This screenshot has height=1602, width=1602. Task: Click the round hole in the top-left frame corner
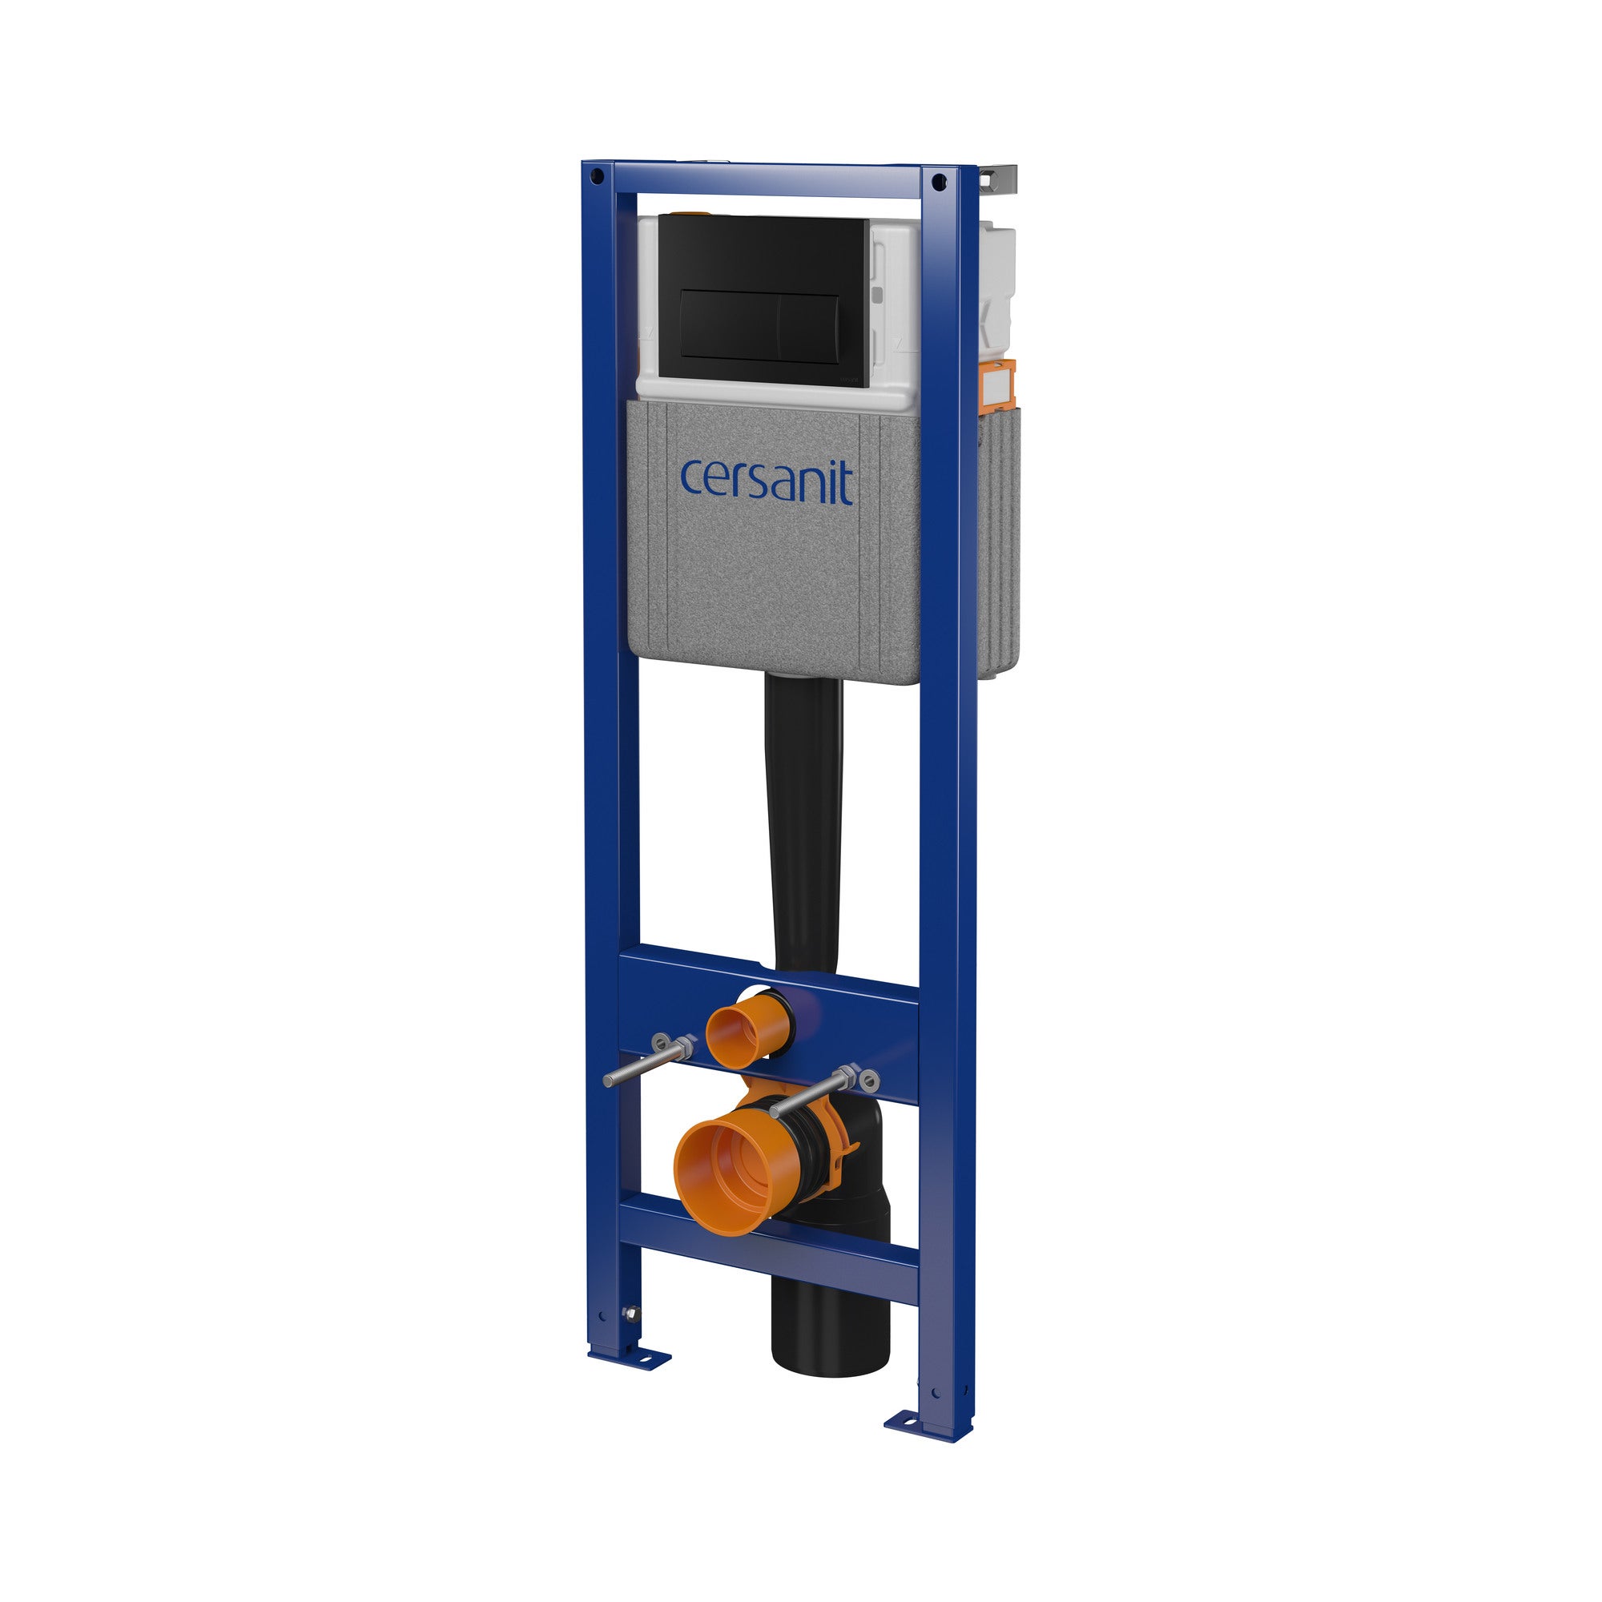(x=594, y=175)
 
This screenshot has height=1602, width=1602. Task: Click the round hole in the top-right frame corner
(x=938, y=180)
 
